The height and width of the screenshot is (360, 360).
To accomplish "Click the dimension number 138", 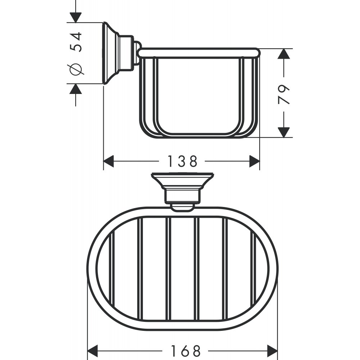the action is [x=183, y=161].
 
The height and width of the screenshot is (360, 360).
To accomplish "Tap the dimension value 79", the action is [x=284, y=94].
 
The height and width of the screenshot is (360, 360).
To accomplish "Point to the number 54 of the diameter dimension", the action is [x=76, y=42].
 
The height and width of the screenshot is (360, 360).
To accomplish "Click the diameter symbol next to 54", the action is [x=76, y=69].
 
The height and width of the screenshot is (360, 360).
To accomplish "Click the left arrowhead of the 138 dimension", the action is [x=109, y=161].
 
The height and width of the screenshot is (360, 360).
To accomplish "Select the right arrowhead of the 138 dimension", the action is [x=255, y=161].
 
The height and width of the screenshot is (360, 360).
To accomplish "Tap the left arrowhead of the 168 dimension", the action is [x=93, y=351].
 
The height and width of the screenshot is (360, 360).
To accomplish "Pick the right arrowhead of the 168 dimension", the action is [x=272, y=351].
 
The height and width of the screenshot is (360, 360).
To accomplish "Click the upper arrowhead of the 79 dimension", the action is [x=284, y=54].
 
